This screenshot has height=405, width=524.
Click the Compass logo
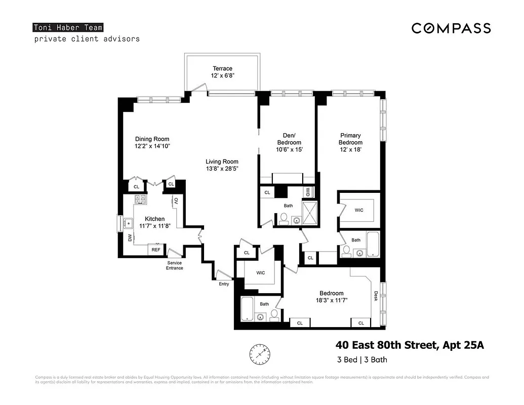(x=451, y=28)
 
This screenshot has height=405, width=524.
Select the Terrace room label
(x=222, y=68)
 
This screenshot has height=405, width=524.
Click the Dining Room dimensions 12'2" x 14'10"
(x=152, y=146)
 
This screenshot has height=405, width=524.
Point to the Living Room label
(x=222, y=161)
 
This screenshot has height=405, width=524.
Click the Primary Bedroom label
(x=350, y=139)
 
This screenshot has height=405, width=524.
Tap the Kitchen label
(x=154, y=219)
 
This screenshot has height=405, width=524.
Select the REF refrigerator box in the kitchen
(x=156, y=250)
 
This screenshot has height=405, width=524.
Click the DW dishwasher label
(x=130, y=237)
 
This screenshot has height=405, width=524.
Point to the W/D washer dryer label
(x=308, y=192)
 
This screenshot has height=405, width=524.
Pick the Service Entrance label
(x=175, y=265)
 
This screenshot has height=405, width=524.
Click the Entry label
(x=224, y=284)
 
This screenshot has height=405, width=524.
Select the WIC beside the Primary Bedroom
(x=359, y=210)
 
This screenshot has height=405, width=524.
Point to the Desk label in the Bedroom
(x=375, y=296)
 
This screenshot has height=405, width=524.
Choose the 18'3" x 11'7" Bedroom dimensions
(x=332, y=301)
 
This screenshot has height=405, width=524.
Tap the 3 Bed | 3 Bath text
(x=362, y=360)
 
